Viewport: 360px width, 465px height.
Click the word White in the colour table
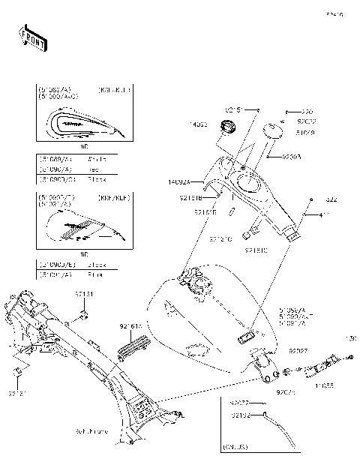tap(97, 160)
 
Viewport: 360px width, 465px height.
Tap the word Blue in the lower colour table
tap(95, 274)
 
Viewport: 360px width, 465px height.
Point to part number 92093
tap(292, 157)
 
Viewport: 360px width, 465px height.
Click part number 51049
tap(305, 133)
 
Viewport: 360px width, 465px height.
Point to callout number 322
tap(331, 200)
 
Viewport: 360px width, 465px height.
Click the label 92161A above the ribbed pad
tap(130, 327)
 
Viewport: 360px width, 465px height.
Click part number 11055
tap(324, 386)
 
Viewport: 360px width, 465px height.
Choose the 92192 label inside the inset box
tap(241, 414)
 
